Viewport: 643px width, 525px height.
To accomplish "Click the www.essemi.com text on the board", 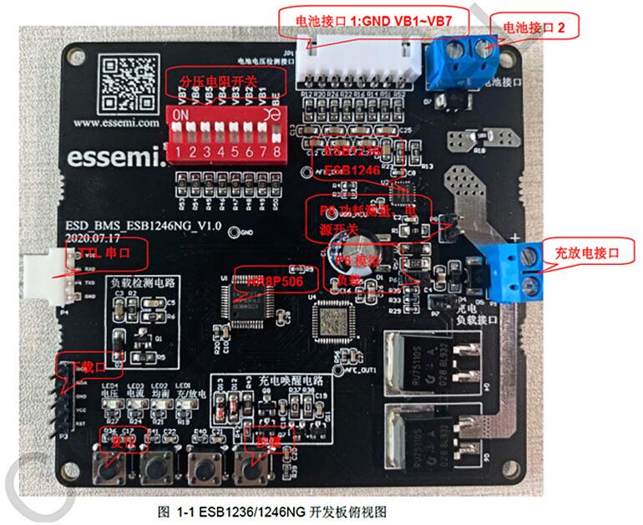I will pos(116,122).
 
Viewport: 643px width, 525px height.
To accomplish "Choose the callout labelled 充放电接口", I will pos(581,251).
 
